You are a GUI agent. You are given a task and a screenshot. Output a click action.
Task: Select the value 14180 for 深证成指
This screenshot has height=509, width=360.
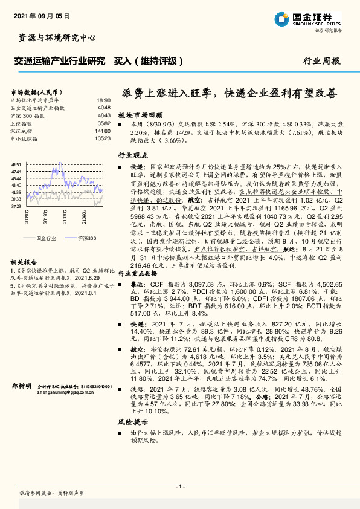coord(103,131)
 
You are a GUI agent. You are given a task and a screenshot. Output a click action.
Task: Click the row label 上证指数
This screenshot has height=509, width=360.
coord(22,123)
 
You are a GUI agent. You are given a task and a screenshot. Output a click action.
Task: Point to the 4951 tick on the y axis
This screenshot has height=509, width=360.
coord(18,164)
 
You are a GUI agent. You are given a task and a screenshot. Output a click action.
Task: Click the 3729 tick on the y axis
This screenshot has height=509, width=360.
coord(18,206)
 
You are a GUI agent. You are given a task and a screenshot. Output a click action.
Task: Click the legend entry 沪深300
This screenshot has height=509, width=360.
coord(87,239)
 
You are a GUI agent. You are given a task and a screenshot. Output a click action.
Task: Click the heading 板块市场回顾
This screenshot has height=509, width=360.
coord(140,114)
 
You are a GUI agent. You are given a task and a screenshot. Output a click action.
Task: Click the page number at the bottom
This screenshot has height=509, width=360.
coord(179,487)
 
